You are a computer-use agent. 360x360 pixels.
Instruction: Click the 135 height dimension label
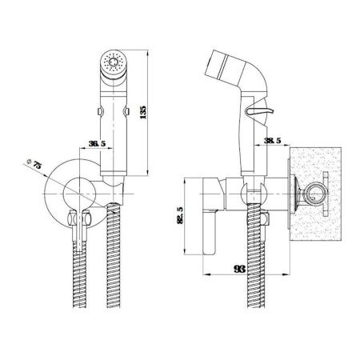click(x=143, y=112)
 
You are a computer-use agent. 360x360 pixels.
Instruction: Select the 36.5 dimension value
click(x=97, y=144)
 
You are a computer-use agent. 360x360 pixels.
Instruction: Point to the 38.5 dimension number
click(x=273, y=141)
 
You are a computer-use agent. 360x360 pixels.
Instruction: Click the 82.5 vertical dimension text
click(x=181, y=215)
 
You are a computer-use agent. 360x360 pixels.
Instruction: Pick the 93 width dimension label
click(x=239, y=269)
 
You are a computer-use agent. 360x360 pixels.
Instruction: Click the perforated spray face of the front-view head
click(x=114, y=63)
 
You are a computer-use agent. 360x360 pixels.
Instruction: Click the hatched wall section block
click(x=315, y=194)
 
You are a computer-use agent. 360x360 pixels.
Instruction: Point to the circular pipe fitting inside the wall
click(x=315, y=194)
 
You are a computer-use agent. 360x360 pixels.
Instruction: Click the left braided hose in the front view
click(x=80, y=274)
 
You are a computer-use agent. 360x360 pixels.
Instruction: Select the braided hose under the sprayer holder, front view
click(x=114, y=255)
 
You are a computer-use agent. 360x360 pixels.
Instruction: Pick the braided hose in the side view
click(x=255, y=255)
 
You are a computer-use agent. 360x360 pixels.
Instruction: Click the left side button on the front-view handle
click(x=100, y=111)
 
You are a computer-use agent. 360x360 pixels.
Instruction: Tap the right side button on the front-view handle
click(x=126, y=111)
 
